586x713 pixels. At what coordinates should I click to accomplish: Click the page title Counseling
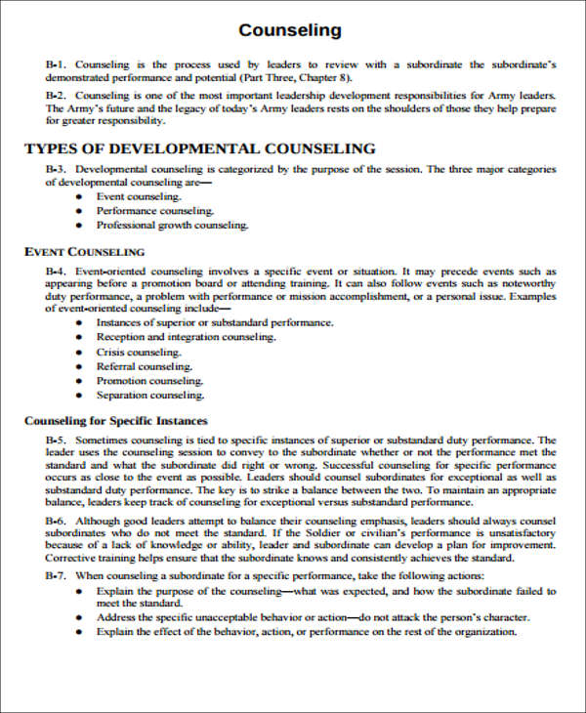click(x=290, y=30)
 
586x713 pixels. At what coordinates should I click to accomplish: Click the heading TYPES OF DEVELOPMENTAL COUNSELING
click(x=199, y=148)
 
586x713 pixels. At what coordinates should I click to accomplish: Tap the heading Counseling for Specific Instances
click(x=115, y=421)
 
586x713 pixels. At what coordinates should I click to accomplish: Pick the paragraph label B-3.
click(x=55, y=169)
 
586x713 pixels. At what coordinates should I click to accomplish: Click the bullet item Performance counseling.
click(x=154, y=210)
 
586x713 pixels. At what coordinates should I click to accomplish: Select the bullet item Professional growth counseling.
click(x=172, y=225)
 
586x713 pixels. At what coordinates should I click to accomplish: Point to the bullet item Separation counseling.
click(x=150, y=396)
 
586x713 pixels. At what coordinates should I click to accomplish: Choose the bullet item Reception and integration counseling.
click(x=186, y=337)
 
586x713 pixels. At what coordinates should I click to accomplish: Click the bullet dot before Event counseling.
click(x=78, y=196)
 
